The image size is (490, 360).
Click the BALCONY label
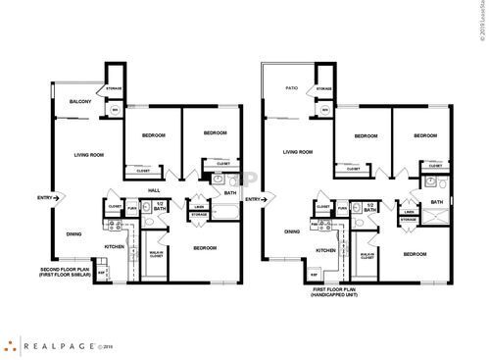pyautogui.click(x=80, y=102)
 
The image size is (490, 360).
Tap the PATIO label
pyautogui.click(x=290, y=88)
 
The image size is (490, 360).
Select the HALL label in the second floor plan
pyautogui.click(x=154, y=190)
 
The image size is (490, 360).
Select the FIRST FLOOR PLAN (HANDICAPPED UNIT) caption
pyautogui.click(x=335, y=291)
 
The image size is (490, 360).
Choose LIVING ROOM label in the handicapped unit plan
pyautogui.click(x=297, y=152)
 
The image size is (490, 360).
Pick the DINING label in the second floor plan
pyautogui.click(x=73, y=233)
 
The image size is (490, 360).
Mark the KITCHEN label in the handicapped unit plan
pyautogui.click(x=327, y=250)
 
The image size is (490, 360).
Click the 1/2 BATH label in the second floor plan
pyautogui.click(x=159, y=207)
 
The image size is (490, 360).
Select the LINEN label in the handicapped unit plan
pyautogui.click(x=409, y=210)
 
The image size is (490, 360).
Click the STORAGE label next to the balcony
pyautogui.click(x=114, y=89)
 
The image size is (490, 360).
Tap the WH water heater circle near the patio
pyautogui.click(x=325, y=110)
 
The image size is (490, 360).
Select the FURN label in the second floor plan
pyautogui.click(x=132, y=208)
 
